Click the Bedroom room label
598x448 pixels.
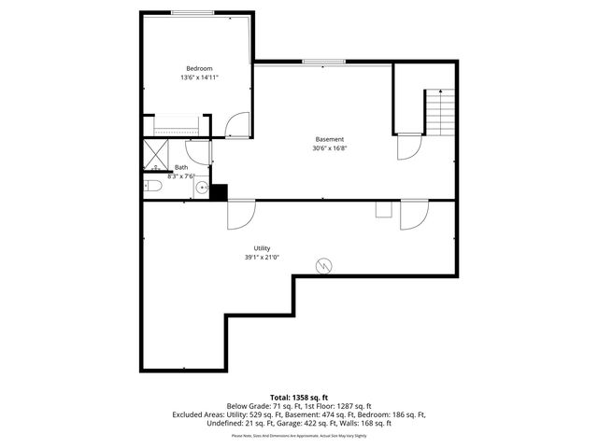pos(199,68)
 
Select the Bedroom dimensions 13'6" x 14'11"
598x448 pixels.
pos(199,77)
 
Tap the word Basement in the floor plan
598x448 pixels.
pos(329,139)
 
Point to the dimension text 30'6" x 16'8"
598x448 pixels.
pos(329,148)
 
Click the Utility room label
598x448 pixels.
pos(262,247)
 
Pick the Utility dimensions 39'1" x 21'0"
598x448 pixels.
pos(262,258)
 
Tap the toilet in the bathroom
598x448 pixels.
pos(154,188)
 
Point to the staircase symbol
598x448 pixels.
pos(439,112)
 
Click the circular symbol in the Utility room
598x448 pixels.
pos(324,266)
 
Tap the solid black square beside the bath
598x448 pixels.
pos(219,192)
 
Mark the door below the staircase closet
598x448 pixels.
pos(408,147)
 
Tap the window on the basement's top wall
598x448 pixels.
pos(321,63)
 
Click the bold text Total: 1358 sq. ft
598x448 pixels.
pos(299,398)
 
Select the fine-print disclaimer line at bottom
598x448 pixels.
pos(299,435)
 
